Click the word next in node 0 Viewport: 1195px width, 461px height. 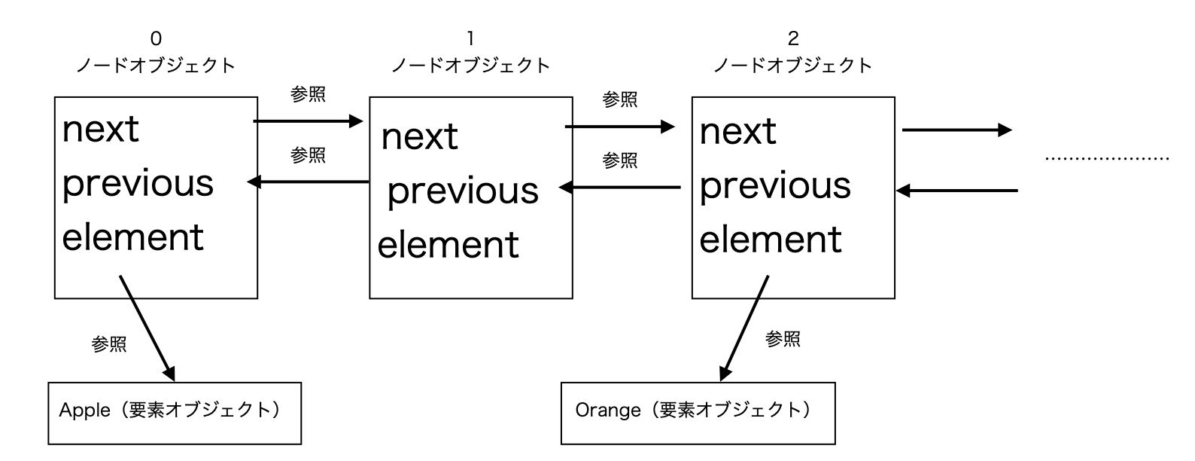point(100,130)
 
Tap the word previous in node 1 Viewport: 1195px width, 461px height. point(463,191)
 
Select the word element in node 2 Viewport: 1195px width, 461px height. point(771,240)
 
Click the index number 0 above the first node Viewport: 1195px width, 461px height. point(156,38)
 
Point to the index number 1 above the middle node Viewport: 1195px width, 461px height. point(470,38)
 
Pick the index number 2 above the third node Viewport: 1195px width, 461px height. point(792,38)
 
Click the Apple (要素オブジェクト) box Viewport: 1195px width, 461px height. point(175,413)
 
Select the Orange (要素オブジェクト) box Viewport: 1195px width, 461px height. point(698,413)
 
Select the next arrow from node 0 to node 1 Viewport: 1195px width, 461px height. point(308,121)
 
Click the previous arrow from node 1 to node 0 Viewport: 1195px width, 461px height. point(308,182)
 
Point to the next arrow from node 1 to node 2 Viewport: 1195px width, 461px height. point(620,127)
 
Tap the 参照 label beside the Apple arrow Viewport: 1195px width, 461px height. point(109,345)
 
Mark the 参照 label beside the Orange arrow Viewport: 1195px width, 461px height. point(783,340)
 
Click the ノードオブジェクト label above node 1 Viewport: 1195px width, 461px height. point(470,66)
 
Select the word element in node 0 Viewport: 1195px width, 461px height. point(132,237)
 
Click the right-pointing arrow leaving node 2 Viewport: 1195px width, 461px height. point(957,130)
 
